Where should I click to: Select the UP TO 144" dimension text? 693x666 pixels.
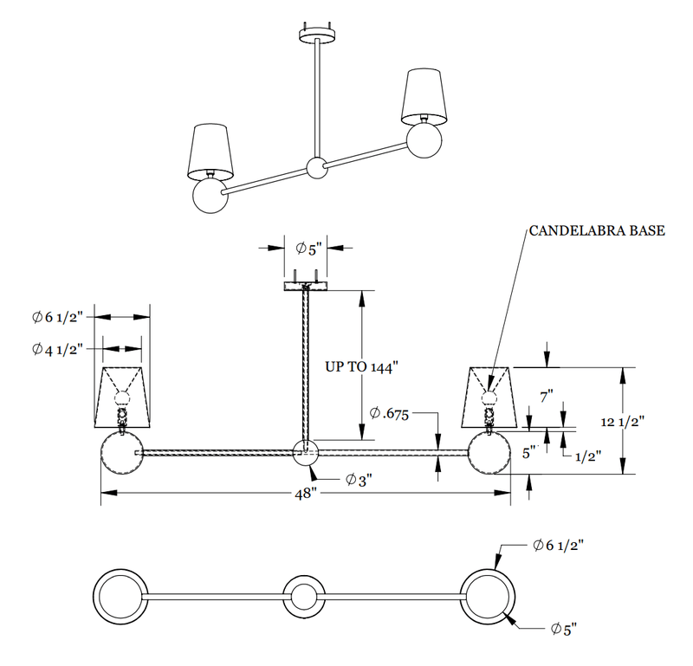(360, 366)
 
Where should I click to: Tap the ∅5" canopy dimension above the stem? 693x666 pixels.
(308, 249)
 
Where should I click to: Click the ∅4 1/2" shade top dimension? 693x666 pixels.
(56, 349)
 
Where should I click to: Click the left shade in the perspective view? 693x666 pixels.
(211, 151)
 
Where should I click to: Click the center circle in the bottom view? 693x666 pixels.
(304, 597)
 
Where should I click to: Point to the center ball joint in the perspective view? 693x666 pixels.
(318, 167)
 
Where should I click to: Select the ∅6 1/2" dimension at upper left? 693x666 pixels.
(56, 317)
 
